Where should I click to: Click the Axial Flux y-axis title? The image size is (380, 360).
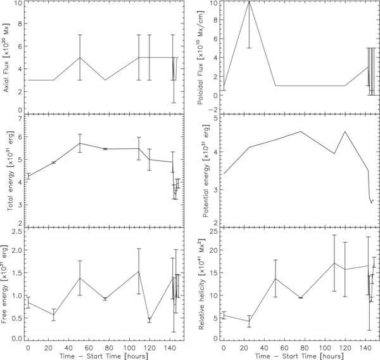[x=6, y=57]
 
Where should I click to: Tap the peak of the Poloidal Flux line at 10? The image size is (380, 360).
[x=249, y=2]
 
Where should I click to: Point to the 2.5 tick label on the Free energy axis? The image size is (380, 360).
[x=16, y=231]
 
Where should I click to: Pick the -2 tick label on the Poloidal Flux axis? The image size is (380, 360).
[x=213, y=110]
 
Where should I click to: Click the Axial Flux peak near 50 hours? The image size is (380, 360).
[x=80, y=58]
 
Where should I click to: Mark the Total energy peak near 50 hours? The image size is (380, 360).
[x=80, y=143]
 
